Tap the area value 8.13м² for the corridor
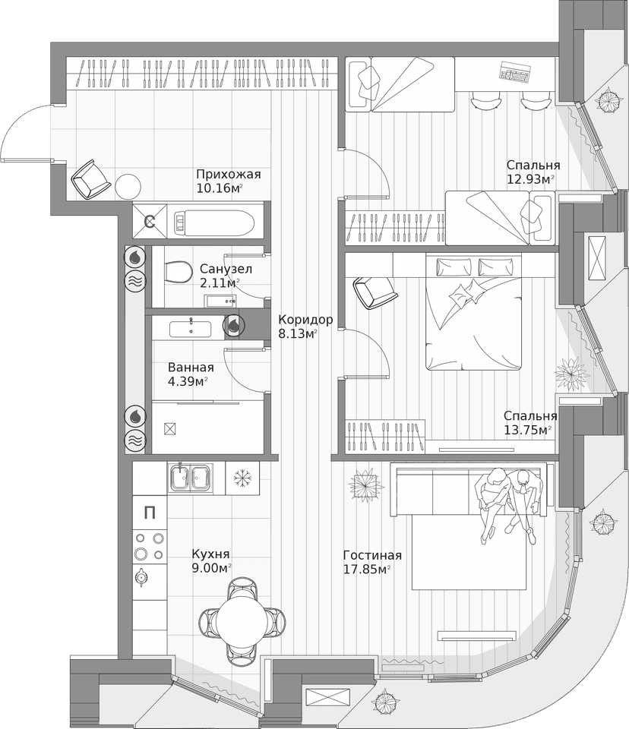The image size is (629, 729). pos(298,333)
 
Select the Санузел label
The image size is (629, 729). pos(226,269)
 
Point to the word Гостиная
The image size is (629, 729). pos(372,555)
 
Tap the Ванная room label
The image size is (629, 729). pos(190,366)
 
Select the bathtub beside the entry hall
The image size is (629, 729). pos(208,221)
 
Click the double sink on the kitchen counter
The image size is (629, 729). pos(191,478)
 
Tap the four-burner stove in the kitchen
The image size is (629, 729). pos(149,546)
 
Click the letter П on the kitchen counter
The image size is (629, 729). pos(150,513)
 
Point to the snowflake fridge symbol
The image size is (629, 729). pos(242,478)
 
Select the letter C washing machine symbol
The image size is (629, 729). pos(150,222)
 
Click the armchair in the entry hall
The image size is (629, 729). pos(91,181)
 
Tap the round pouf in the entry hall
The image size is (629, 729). pos(128,185)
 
